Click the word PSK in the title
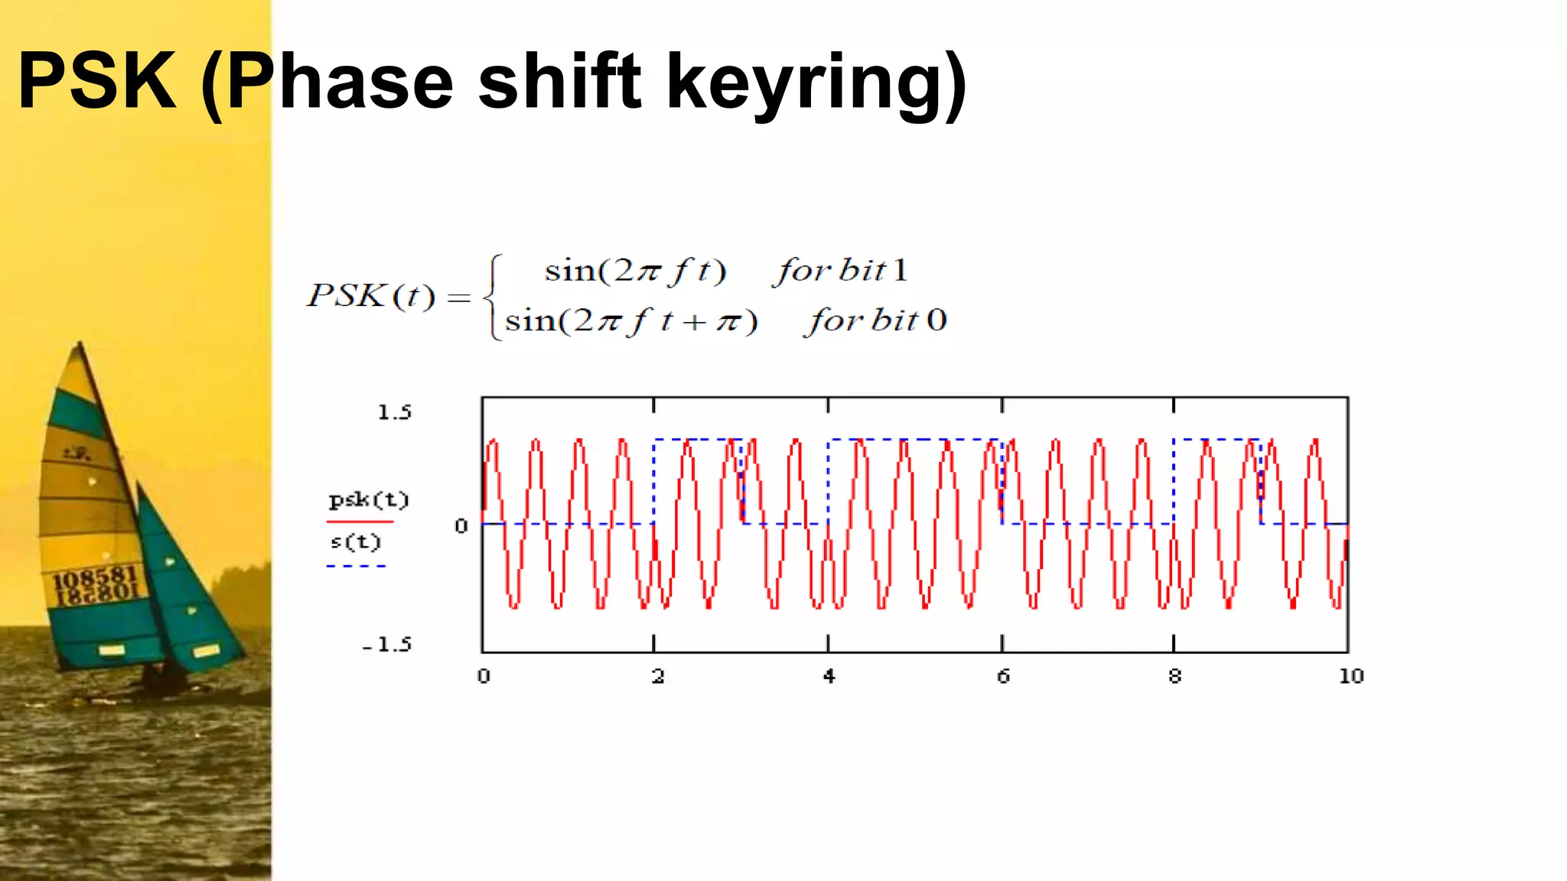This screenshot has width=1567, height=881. (x=97, y=81)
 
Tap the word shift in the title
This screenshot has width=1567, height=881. (x=559, y=81)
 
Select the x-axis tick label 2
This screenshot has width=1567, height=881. (x=657, y=676)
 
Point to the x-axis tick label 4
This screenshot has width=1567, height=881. (x=829, y=676)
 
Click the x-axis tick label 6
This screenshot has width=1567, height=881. (x=1003, y=676)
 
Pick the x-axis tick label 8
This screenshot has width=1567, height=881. (x=1174, y=676)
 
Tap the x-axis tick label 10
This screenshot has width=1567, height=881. (x=1350, y=676)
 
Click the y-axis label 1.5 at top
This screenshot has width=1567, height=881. (x=395, y=413)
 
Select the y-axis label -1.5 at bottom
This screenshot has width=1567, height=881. (x=387, y=645)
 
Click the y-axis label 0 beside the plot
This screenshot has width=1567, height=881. (x=461, y=526)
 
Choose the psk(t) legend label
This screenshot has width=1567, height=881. (x=369, y=500)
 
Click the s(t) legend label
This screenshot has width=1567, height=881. (x=356, y=542)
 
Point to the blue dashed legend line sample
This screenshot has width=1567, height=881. (x=357, y=566)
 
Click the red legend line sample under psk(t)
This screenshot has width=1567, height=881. (x=360, y=522)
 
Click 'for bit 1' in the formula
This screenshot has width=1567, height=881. (x=840, y=271)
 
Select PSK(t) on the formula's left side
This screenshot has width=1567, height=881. (x=371, y=296)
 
